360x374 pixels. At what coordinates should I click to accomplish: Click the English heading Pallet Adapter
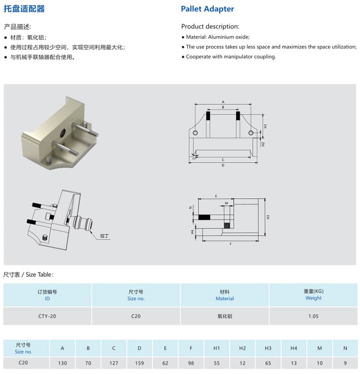[x=207, y=9]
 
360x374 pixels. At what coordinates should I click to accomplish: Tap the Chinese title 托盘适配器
[x=24, y=9]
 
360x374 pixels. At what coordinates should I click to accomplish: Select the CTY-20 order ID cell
[x=47, y=316]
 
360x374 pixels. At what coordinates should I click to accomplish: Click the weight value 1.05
[x=313, y=316]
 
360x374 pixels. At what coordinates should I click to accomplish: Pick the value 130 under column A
[x=62, y=363]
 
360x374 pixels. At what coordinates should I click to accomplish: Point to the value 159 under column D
[x=139, y=363]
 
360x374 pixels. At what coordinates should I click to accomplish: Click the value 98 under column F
[x=191, y=363]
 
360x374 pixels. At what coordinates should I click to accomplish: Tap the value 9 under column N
[x=345, y=363]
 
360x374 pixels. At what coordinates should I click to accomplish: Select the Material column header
[x=225, y=295]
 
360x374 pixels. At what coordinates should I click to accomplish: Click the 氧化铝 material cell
[x=225, y=316]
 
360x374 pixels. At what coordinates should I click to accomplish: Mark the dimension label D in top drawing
[x=223, y=165]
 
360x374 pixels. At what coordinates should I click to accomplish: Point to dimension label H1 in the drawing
[x=265, y=126]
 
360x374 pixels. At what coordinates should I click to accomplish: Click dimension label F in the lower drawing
[x=231, y=244]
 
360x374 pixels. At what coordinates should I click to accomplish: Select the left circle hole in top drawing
[x=195, y=133]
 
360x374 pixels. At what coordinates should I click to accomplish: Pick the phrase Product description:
[x=210, y=26]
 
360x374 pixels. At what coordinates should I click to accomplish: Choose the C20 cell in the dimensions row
[x=23, y=363]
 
